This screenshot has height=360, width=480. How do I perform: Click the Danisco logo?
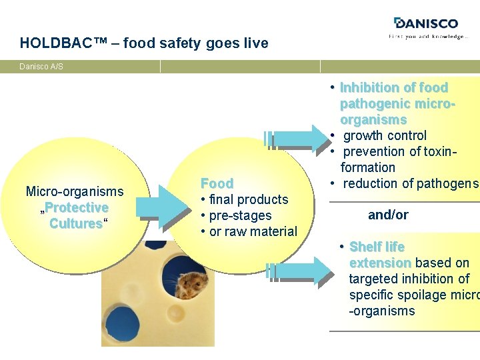click(427, 24)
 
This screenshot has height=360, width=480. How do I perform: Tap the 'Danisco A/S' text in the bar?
click(41, 67)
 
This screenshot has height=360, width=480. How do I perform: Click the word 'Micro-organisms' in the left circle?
click(75, 191)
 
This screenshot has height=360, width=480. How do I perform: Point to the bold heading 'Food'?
click(217, 183)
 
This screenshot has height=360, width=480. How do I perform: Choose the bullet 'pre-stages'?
click(240, 215)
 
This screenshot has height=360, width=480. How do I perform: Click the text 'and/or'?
click(388, 215)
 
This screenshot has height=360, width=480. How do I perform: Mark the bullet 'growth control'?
click(385, 135)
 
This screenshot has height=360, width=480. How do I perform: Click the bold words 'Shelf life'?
click(377, 247)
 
